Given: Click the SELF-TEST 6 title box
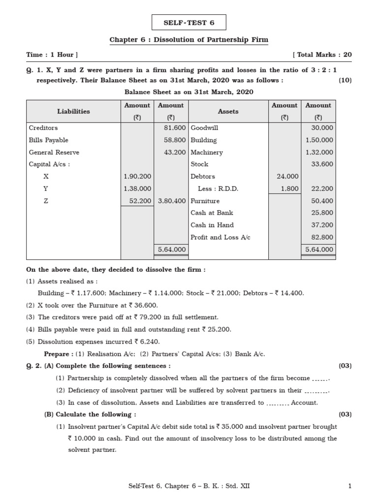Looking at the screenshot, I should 189,23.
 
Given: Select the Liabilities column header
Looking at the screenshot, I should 73,112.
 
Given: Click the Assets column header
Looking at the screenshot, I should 228,112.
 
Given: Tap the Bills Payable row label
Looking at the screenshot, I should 49,140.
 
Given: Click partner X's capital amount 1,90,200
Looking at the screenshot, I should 137,177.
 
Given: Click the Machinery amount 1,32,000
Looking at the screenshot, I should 319,153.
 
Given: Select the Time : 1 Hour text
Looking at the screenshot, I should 52,55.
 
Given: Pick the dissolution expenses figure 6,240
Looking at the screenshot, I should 149,342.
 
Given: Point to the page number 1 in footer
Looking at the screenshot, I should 349,487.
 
